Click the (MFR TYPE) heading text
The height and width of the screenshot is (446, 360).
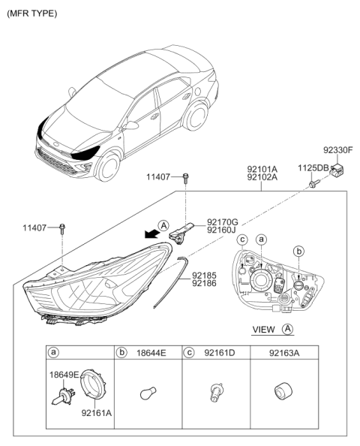tap(31, 14)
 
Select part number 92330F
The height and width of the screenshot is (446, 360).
tap(337, 150)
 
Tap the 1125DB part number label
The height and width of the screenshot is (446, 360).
tap(313, 168)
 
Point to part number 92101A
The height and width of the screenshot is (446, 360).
tap(262, 169)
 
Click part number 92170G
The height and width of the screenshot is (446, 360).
tap(222, 221)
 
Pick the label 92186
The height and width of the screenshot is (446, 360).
tap(204, 283)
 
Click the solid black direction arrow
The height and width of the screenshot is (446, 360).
tap(151, 234)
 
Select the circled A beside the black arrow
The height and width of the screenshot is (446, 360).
tap(163, 226)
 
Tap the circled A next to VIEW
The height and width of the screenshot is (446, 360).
tap(287, 329)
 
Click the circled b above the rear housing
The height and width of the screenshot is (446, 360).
tap(298, 252)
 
